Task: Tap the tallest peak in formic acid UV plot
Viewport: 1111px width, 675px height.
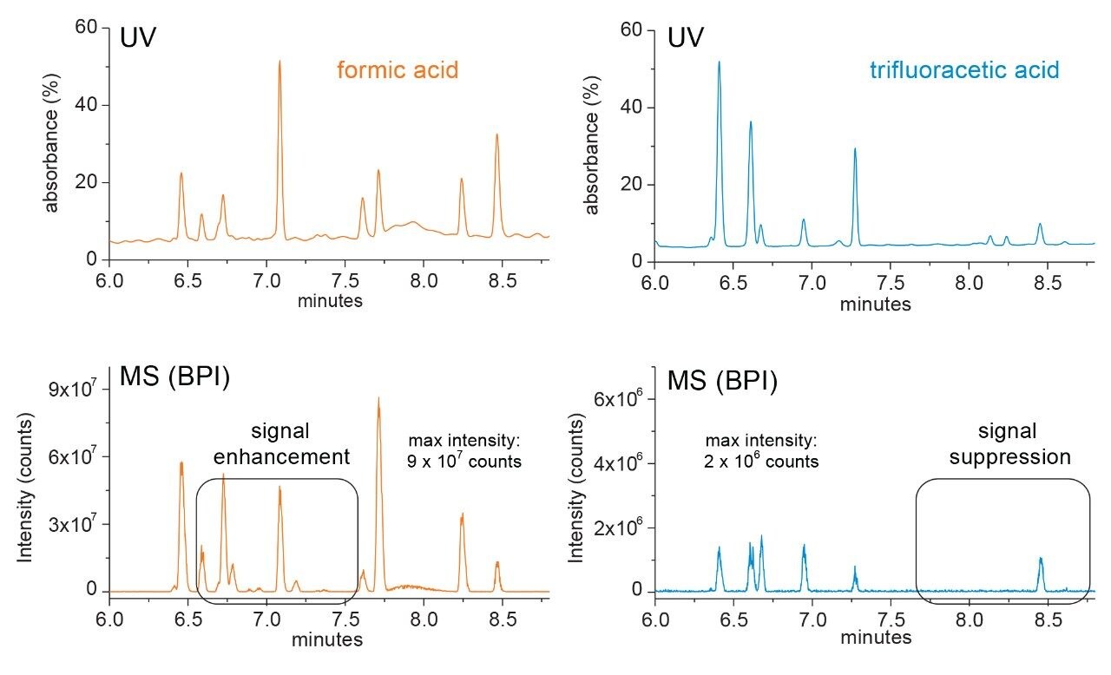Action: (x=279, y=62)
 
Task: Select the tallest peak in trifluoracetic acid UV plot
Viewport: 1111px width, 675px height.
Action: (x=719, y=63)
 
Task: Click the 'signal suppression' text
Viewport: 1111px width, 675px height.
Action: (x=1003, y=443)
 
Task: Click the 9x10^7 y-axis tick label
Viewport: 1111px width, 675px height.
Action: (x=73, y=390)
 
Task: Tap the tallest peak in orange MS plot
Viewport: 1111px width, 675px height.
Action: (x=378, y=400)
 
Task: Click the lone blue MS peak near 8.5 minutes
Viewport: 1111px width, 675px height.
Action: (x=1040, y=560)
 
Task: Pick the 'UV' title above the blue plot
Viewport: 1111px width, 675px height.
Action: (x=685, y=38)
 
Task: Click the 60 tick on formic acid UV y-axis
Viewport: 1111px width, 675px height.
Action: (x=85, y=28)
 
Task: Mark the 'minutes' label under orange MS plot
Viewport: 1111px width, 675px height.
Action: (x=327, y=640)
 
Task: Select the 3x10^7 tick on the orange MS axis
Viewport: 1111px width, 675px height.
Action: (x=73, y=525)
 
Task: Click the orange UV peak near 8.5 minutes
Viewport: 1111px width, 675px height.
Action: (x=497, y=135)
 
